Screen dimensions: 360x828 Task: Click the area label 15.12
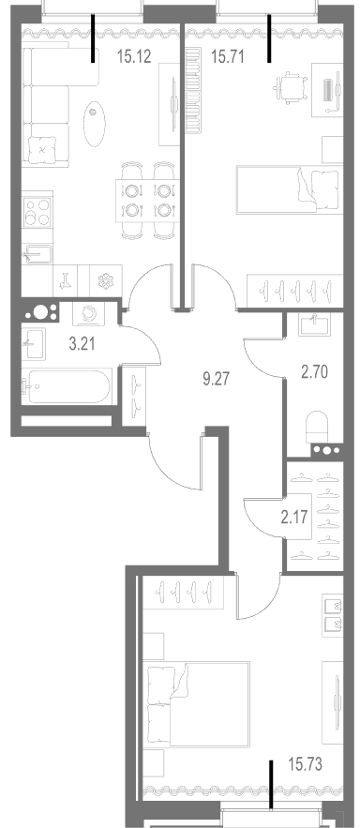[x=134, y=56]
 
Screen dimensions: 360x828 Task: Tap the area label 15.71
[x=228, y=56]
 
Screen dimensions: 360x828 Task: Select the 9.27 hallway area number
[x=217, y=378]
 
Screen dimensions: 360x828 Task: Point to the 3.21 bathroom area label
[x=83, y=344]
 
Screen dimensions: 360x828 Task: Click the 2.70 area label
[x=314, y=372]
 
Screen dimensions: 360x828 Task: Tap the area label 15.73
[x=306, y=764]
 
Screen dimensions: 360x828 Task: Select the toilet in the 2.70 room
[x=319, y=426]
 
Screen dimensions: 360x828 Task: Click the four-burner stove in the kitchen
[x=37, y=211]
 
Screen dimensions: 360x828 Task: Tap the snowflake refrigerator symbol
[x=106, y=281]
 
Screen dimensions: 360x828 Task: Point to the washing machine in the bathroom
[x=88, y=314]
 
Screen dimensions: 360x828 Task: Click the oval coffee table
[x=94, y=124]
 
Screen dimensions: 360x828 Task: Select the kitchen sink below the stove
[x=37, y=254]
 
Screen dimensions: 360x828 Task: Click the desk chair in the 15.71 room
[x=290, y=87]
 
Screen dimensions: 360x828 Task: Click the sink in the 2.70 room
[x=313, y=324]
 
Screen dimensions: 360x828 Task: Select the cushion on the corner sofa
[x=42, y=150]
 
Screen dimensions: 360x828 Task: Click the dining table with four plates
[x=147, y=201]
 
